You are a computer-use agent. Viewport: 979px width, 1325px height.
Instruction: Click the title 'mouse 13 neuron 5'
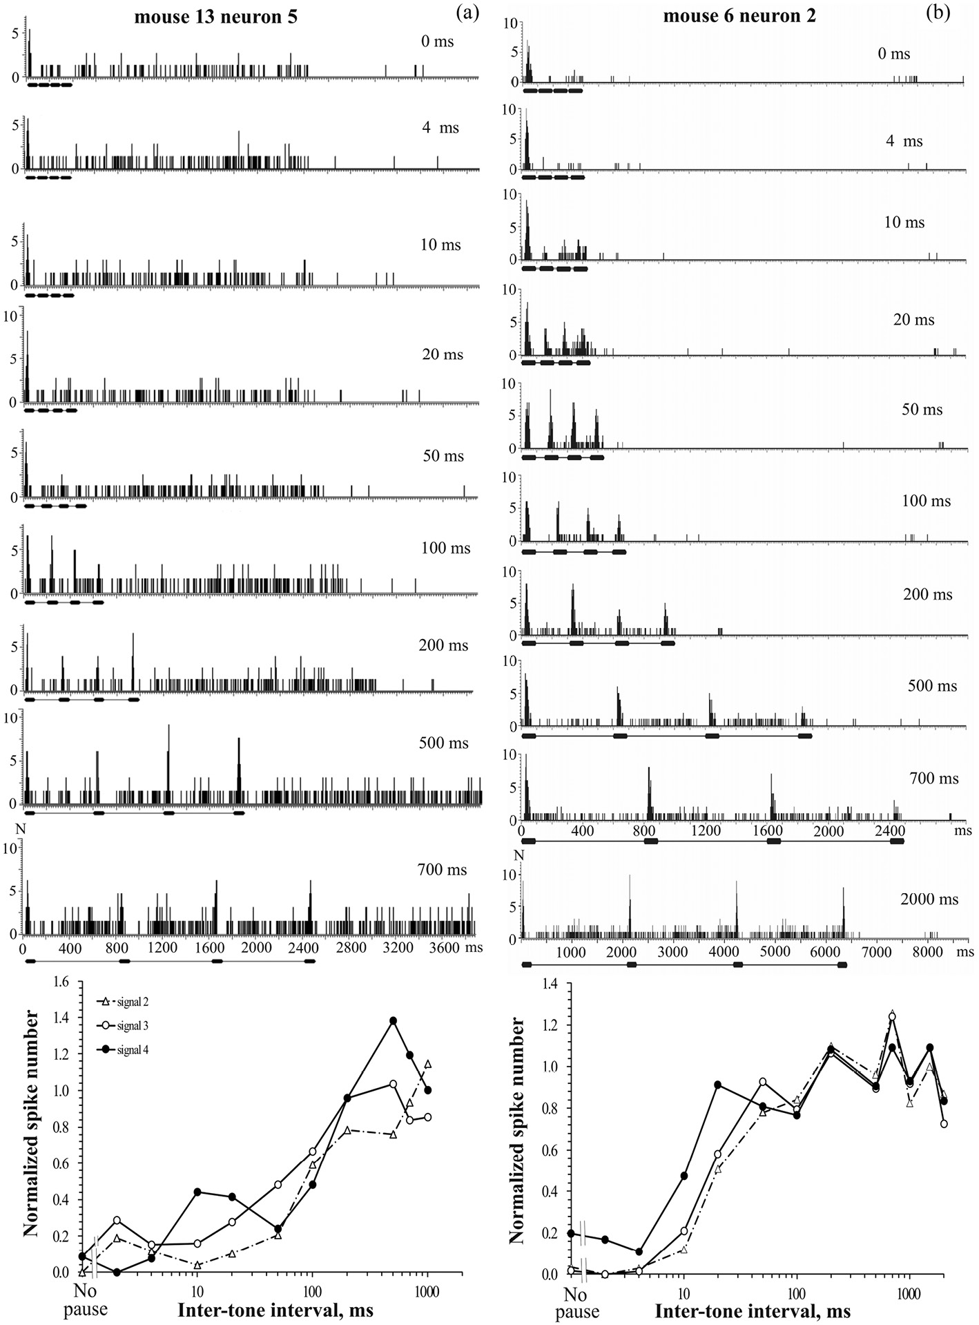215,17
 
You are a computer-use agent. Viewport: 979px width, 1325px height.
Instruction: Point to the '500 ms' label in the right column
932,686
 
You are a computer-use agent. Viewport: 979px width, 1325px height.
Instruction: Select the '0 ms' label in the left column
437,41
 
